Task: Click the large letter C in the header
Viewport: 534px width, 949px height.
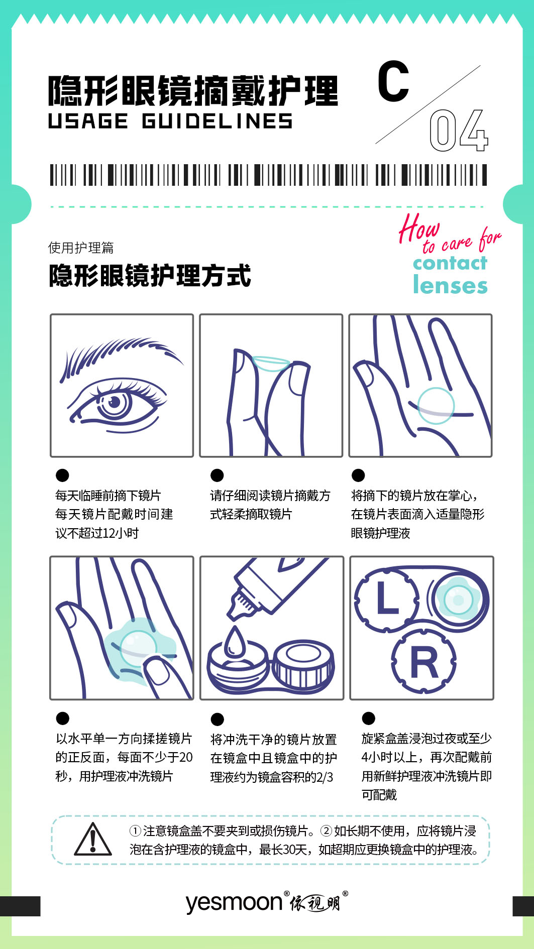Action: (393, 81)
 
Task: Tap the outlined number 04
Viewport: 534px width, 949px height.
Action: (459, 131)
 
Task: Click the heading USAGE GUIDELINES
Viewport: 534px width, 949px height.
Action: (170, 121)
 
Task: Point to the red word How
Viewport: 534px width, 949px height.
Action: (419, 228)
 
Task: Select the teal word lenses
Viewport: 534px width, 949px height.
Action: (450, 285)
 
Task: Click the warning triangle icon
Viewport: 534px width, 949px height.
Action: (93, 839)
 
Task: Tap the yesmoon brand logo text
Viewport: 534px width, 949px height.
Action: (235, 902)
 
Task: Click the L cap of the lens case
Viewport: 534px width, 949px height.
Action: (387, 599)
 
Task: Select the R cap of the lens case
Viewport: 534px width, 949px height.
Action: (424, 662)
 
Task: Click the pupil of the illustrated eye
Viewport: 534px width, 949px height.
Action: (115, 402)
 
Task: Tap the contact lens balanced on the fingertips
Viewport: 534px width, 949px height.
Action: (271, 363)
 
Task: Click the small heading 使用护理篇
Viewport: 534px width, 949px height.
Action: (81, 248)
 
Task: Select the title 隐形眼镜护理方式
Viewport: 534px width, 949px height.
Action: (150, 276)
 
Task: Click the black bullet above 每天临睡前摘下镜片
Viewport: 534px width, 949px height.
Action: (62, 475)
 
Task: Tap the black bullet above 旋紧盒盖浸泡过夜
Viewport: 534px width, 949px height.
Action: (368, 718)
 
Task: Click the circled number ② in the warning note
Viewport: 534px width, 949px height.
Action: (327, 831)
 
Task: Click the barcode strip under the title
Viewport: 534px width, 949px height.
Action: (268, 175)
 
